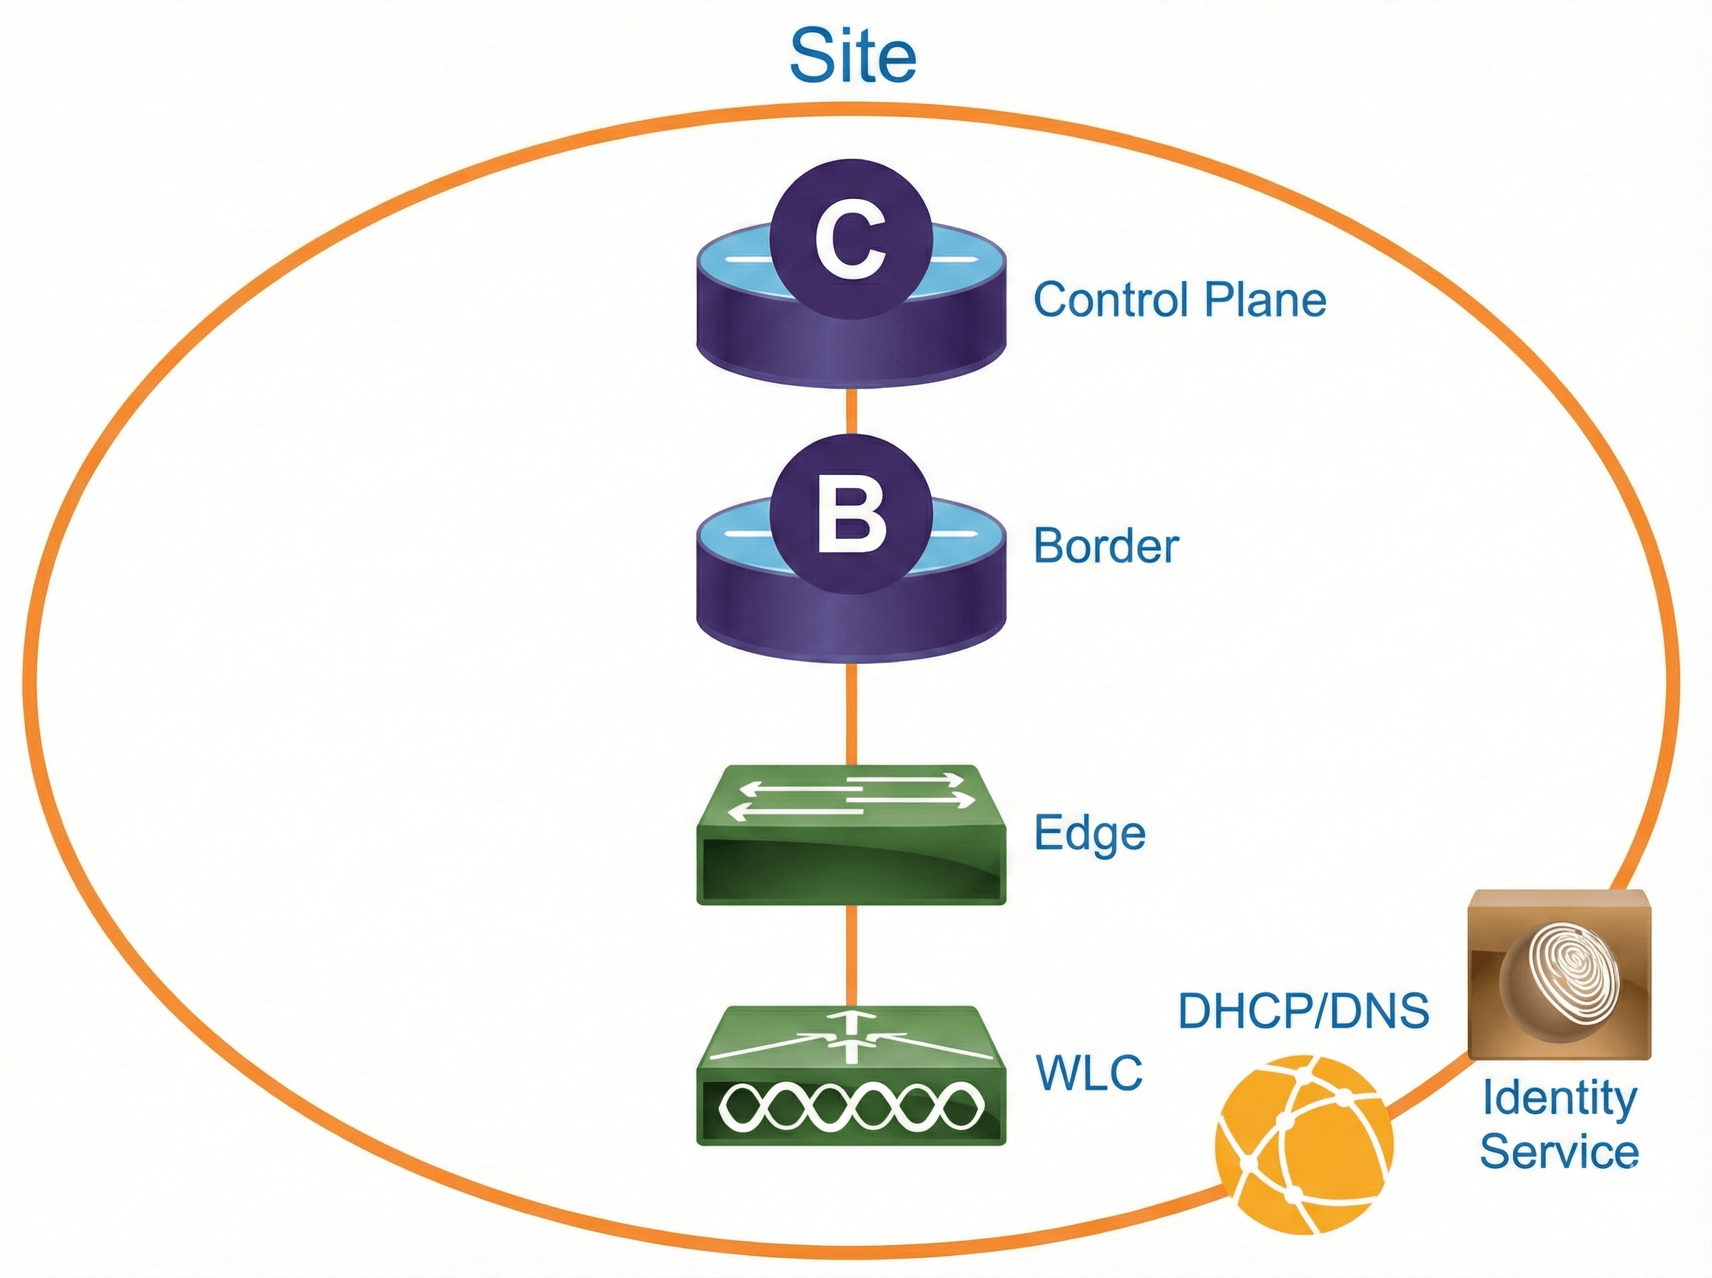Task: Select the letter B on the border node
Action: (x=851, y=519)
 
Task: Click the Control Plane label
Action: (x=1180, y=300)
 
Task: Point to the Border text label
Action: (x=1106, y=546)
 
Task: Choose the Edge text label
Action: (x=1090, y=834)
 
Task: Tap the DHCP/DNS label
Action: (x=1303, y=1011)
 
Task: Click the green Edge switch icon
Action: (x=851, y=836)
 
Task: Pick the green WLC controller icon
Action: (x=851, y=1075)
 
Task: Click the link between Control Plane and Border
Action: (x=851, y=410)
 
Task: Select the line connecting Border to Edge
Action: (x=851, y=712)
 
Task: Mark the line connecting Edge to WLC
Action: (x=851, y=955)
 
